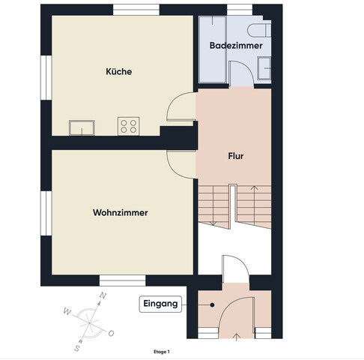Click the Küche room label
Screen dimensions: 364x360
[119, 71]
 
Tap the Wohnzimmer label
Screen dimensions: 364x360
[121, 212]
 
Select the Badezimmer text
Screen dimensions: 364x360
[236, 46]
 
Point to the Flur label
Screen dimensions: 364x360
[236, 156]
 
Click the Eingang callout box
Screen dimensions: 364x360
[160, 304]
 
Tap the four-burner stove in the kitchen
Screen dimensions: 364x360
[129, 126]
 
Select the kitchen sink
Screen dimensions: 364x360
[82, 127]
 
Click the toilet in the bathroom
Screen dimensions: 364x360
[259, 30]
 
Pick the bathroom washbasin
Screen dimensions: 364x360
[264, 68]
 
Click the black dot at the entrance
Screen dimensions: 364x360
[212, 304]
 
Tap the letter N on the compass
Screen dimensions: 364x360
[103, 295]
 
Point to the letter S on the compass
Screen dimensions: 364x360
[77, 348]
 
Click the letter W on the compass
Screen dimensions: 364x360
[67, 311]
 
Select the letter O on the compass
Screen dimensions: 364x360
[111, 333]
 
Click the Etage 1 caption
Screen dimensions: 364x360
[162, 352]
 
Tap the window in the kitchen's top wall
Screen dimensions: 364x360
[136, 10]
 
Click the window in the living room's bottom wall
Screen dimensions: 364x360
[123, 280]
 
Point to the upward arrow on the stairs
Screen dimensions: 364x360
[254, 205]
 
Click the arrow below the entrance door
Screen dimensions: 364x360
[237, 336]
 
